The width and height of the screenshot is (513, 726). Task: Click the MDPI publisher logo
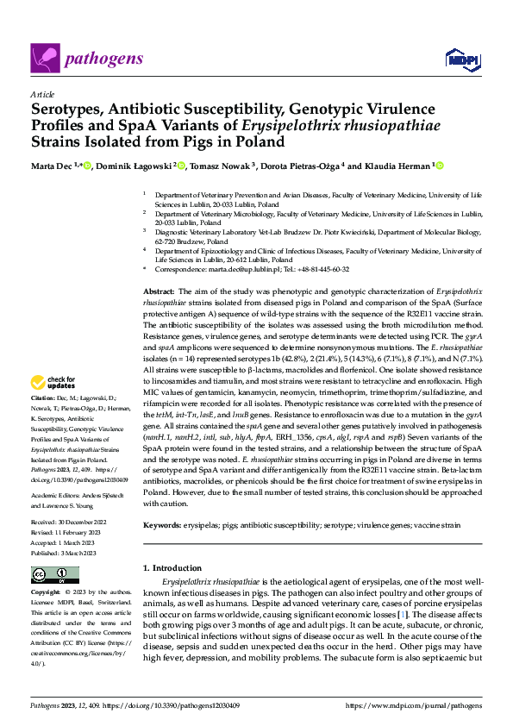tap(460, 59)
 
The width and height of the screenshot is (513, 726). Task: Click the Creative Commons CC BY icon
tap(54, 549)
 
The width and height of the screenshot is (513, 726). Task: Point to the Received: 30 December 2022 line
tap(72, 499)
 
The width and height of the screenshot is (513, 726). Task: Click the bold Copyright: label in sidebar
tap(47, 570)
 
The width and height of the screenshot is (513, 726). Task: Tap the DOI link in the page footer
tap(165, 704)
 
